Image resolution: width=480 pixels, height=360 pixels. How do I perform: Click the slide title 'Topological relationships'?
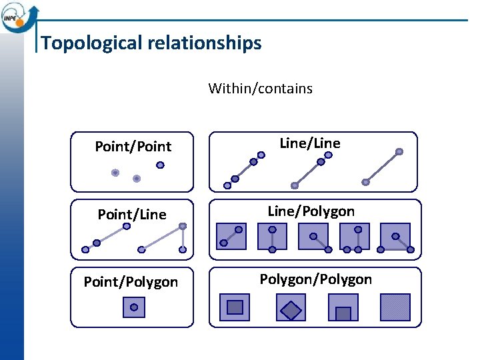[x=151, y=43]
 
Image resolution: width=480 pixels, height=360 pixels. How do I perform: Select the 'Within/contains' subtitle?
[x=260, y=89]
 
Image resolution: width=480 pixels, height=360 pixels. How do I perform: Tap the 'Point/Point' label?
[x=133, y=147]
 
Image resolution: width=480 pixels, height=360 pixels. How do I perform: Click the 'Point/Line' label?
[x=132, y=215]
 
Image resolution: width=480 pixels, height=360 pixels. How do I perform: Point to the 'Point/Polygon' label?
[x=131, y=283]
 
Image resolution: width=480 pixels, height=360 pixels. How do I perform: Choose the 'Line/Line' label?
[x=310, y=143]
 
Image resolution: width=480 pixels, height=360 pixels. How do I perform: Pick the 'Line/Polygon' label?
[x=311, y=211]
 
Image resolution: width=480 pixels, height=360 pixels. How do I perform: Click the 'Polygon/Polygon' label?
[x=315, y=279]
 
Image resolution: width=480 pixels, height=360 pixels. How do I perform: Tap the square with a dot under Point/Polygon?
[x=134, y=307]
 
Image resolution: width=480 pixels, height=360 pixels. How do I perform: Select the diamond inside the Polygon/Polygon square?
[x=291, y=309]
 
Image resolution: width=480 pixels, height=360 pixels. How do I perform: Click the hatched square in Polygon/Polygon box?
[x=395, y=307]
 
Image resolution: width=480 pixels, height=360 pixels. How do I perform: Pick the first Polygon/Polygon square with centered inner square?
[x=235, y=307]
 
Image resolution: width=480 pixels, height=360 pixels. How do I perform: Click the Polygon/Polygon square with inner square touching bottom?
[x=343, y=308]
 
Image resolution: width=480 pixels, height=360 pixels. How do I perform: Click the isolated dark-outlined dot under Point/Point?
[x=160, y=165]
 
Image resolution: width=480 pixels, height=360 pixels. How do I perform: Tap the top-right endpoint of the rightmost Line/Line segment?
[x=399, y=152]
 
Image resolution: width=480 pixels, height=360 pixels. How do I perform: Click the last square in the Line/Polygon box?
[x=396, y=236]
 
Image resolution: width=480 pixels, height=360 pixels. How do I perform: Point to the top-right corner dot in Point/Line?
[x=183, y=226]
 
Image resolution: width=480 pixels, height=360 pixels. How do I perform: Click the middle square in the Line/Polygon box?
[x=313, y=236]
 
